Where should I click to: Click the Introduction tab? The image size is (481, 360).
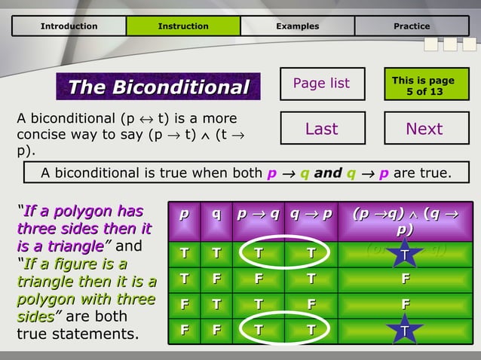(69, 26)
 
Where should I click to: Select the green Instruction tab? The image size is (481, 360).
(182, 26)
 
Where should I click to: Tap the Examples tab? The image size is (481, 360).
(297, 26)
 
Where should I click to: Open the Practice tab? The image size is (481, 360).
(412, 26)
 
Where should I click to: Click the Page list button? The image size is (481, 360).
(321, 84)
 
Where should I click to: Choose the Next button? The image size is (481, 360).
(424, 129)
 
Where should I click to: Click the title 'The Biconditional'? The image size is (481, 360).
(158, 88)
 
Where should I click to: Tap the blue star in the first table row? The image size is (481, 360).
(405, 256)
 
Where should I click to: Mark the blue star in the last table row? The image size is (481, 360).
(405, 329)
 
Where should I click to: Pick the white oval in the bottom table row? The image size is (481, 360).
(283, 330)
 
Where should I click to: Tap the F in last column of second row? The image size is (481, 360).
(405, 280)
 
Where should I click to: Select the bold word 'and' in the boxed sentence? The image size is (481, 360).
(328, 173)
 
